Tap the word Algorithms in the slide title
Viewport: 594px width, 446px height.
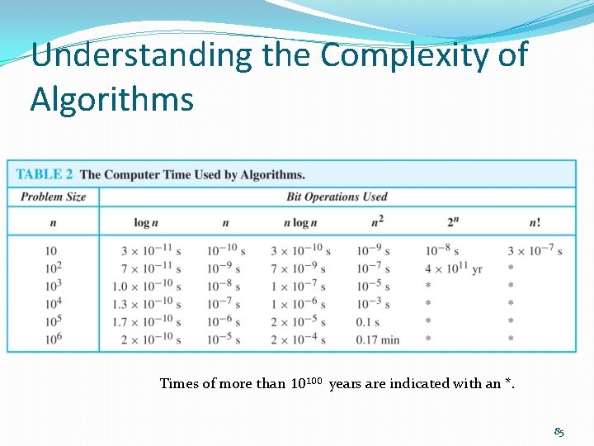point(112,99)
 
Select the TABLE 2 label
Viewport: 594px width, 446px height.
point(45,174)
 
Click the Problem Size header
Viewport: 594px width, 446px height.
point(53,197)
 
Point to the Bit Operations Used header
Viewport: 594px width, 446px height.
point(337,197)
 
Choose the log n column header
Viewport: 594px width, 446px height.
point(146,222)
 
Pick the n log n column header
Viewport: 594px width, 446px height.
point(300,222)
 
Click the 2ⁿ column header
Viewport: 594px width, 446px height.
point(453,221)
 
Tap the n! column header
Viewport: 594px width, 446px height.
point(535,222)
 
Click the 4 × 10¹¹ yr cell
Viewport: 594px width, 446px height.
point(454,268)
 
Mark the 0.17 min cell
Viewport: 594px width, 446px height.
point(378,339)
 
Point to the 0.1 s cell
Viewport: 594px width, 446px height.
point(368,322)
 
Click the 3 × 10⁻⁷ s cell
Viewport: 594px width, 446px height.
point(535,250)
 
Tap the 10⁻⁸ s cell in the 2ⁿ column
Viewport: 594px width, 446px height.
point(442,250)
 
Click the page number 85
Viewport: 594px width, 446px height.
point(559,432)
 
